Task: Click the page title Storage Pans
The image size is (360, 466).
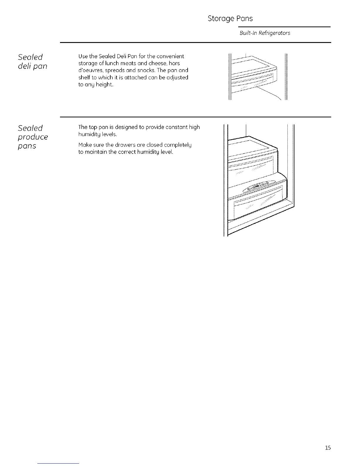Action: pos(230,19)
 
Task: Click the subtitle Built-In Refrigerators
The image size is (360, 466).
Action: pos(265,33)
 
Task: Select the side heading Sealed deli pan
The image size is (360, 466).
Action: pos(32,61)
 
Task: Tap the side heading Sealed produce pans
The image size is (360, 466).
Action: pos(32,137)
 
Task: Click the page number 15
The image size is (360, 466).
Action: pos(328,448)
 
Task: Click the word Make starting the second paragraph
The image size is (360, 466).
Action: pos(85,145)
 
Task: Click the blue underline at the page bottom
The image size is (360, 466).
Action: pos(58,463)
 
